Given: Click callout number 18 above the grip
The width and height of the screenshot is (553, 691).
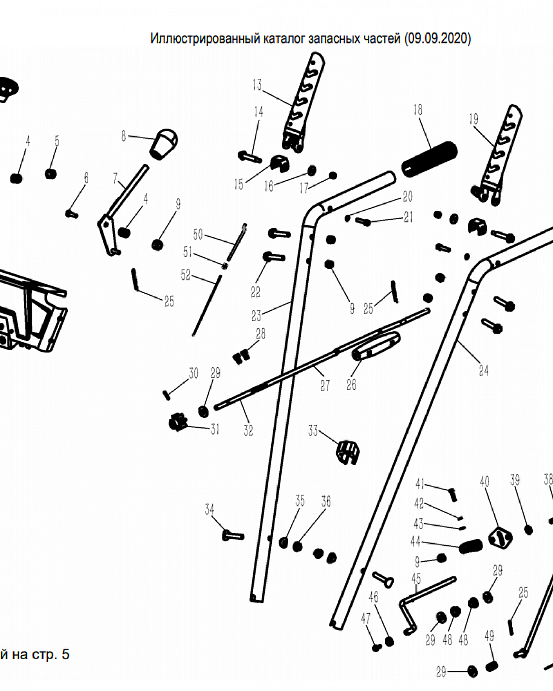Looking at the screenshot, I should point(418,110).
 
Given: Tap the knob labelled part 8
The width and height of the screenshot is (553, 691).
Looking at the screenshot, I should point(165,141).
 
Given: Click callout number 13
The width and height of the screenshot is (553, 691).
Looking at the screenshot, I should point(257,86).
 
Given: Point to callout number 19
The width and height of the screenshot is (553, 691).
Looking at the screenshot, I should point(474,120).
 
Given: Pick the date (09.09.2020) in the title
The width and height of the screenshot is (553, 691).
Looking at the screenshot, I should point(438,39).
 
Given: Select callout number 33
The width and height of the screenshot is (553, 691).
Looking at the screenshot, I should point(313,432).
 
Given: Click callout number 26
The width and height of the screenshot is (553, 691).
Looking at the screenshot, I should point(351,385).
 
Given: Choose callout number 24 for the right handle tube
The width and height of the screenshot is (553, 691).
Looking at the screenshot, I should point(483,371).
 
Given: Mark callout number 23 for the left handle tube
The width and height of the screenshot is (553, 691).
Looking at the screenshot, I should point(256,316).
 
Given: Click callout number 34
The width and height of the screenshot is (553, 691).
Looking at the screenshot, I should point(209,510).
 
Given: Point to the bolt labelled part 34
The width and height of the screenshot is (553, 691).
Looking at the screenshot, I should point(233,534).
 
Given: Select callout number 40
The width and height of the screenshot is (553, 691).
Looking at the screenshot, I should point(484,481).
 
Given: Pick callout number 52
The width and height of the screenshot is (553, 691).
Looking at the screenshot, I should point(185,275).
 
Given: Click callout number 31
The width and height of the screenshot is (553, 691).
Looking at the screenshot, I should point(215,430).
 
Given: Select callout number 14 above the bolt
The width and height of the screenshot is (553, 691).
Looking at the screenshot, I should point(259,112).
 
